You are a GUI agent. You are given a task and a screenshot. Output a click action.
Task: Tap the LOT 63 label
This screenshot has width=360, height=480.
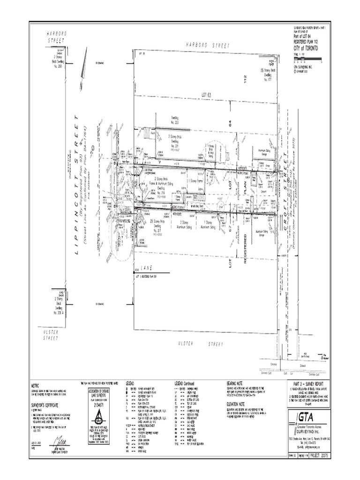coord(207,95)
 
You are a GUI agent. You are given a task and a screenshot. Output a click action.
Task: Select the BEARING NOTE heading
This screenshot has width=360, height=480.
coord(237,383)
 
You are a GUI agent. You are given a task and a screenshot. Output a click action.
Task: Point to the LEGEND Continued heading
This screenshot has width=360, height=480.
coord(190,383)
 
